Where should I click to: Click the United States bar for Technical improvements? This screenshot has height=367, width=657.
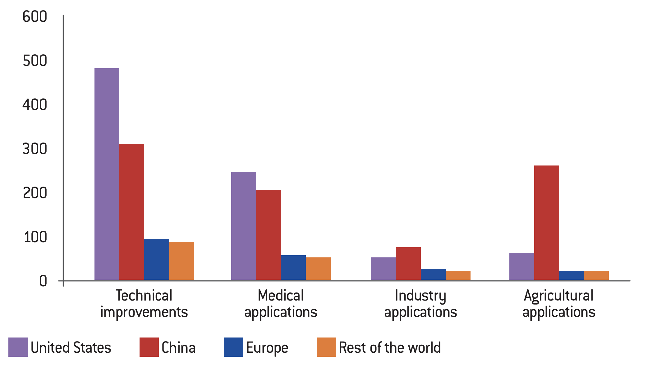point(107,174)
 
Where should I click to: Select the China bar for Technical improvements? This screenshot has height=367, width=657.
point(132,212)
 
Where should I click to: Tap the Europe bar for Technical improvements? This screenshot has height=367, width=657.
point(157,259)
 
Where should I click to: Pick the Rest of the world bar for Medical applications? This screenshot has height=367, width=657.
point(318,269)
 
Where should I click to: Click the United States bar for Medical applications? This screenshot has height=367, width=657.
point(244,226)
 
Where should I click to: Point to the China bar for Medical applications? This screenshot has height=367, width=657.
point(269,235)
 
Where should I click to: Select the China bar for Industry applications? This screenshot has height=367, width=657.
point(408,263)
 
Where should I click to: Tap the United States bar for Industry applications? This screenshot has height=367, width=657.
point(384,269)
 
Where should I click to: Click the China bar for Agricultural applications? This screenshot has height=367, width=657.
point(547,223)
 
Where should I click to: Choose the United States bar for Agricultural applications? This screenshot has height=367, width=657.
point(522,266)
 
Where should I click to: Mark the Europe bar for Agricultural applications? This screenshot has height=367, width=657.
point(572,275)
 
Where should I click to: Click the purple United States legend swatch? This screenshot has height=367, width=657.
point(18,347)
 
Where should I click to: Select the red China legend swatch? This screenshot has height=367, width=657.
point(149,347)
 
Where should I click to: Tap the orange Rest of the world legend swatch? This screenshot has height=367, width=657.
point(326,347)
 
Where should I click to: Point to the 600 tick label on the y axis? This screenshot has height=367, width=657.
point(35,16)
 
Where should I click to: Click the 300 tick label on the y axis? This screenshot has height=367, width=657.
point(35,149)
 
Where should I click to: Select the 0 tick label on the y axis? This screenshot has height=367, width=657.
point(43,281)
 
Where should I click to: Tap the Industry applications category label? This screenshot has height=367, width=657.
point(420,304)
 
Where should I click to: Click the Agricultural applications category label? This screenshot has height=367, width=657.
point(559,304)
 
